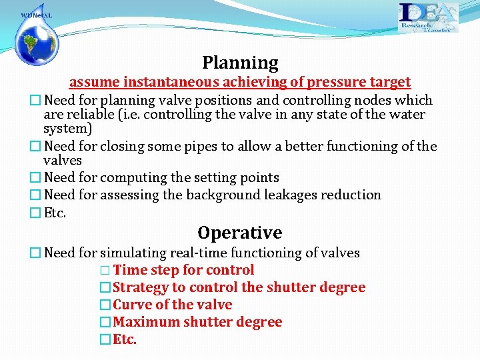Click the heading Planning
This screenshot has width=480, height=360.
click(240, 63)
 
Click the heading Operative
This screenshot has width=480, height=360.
click(239, 233)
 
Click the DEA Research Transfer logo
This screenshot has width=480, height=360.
click(428, 17)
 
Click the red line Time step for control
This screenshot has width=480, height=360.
click(183, 271)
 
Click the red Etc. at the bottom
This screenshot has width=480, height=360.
click(125, 340)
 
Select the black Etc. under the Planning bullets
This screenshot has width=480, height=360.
click(55, 213)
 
